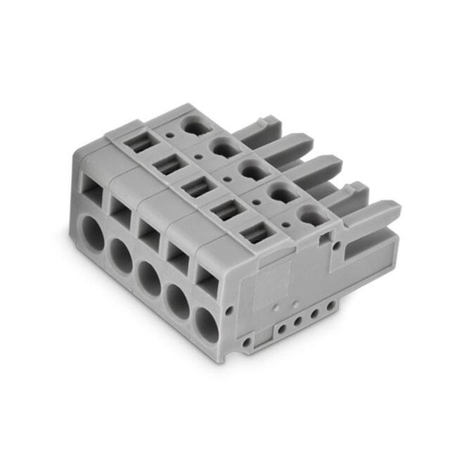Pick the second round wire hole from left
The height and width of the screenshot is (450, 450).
[121, 252]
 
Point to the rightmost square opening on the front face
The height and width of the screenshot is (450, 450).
[208, 280]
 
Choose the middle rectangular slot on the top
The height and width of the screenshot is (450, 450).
[196, 188]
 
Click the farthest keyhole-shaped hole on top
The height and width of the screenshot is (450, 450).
[192, 126]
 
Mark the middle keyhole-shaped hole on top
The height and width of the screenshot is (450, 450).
[248, 169]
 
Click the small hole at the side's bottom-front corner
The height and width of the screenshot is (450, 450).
[246, 342]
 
